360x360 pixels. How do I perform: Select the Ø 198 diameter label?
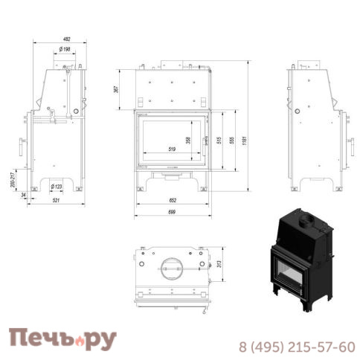pyautogui.click(x=65, y=51)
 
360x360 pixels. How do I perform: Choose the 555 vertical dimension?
pyautogui.click(x=234, y=140)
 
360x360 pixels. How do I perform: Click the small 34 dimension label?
pyautogui.click(x=25, y=195)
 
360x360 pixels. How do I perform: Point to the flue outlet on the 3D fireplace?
pyautogui.click(x=305, y=219)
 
